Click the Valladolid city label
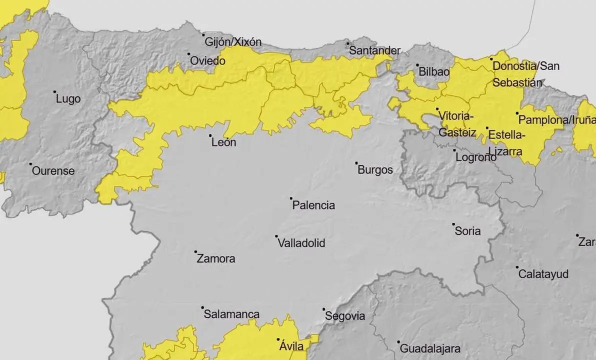tap(301, 243)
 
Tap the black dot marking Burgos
tap(356, 163)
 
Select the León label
tap(223, 142)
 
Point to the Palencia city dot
tap(291, 198)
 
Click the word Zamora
tap(216, 259)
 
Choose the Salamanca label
tap(231, 314)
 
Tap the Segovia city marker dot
tap(323, 309)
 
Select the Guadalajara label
tap(430, 348)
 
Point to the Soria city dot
tap(453, 224)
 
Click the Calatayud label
tap(543, 274)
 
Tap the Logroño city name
tap(475, 157)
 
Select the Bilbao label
tap(433, 71)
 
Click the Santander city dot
tap(347, 43)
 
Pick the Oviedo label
tap(207, 61)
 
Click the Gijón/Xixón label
tap(233, 42)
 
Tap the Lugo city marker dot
tap(54, 92)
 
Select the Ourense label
tap(53, 171)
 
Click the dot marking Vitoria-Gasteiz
tap(437, 109)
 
